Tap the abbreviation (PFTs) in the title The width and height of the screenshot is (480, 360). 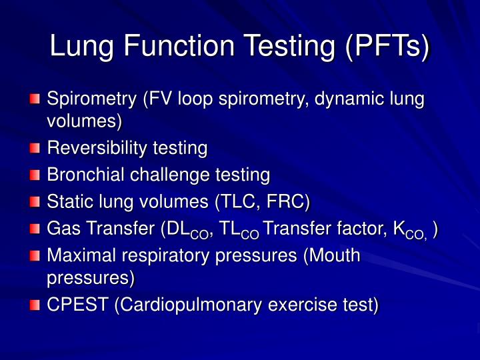coord(387,47)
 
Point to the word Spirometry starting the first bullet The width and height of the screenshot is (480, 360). coord(91,100)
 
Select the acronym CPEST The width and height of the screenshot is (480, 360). coord(77,305)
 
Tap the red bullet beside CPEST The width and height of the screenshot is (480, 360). coord(35,305)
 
